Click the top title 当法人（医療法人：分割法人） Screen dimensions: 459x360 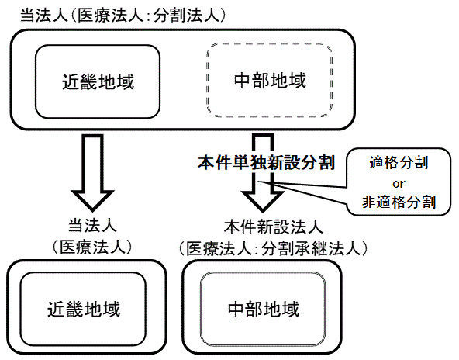click(x=123, y=16)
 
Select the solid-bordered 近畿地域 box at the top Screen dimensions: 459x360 click(x=98, y=81)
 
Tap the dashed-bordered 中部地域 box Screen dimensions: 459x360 click(x=269, y=80)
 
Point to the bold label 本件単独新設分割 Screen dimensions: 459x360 click(x=266, y=162)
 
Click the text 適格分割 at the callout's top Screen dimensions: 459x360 click(x=399, y=163)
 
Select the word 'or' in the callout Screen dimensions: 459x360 click(x=399, y=184)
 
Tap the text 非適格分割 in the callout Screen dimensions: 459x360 click(x=399, y=202)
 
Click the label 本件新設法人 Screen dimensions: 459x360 click(x=274, y=227)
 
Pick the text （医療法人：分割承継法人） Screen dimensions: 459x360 click(x=273, y=249)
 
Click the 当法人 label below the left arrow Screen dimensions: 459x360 click(x=92, y=226)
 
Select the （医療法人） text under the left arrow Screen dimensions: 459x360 click(x=92, y=247)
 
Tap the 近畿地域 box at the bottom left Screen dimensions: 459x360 click(x=83, y=309)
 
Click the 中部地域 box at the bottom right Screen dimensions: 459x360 click(x=263, y=309)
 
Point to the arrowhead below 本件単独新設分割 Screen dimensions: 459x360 click(x=262, y=202)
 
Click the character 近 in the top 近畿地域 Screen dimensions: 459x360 click(x=71, y=81)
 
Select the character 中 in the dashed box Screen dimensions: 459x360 click(x=243, y=80)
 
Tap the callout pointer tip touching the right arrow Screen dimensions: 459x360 click(x=258, y=182)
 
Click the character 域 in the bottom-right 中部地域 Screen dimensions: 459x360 click(x=290, y=310)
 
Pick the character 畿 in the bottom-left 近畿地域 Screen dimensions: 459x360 click(x=74, y=310)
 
